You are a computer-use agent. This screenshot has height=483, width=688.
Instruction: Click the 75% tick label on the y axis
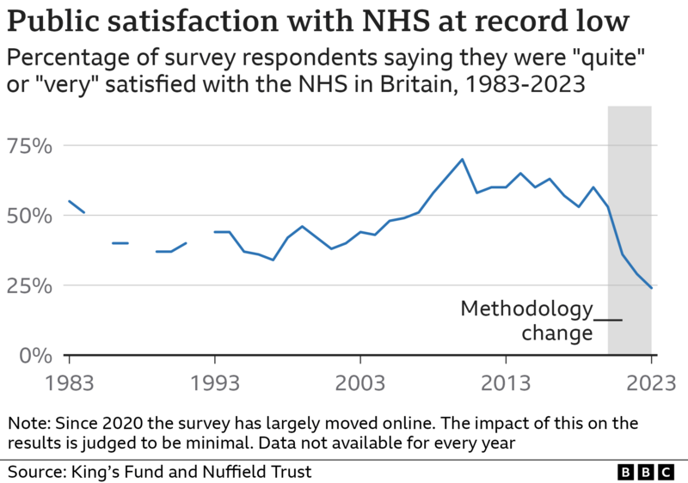29,145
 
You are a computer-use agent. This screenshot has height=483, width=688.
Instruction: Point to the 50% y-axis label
29,215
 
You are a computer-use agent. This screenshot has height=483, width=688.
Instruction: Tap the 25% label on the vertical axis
29,285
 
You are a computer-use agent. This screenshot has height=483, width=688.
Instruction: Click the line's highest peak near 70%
462,159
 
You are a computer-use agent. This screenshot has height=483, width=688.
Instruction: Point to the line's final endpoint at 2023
651,288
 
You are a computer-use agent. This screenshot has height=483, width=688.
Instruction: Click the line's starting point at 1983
69,201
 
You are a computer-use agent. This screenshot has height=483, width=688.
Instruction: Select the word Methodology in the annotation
526,309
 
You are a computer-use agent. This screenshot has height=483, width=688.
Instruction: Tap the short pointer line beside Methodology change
608,321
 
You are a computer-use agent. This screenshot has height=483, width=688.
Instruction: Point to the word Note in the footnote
27,423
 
